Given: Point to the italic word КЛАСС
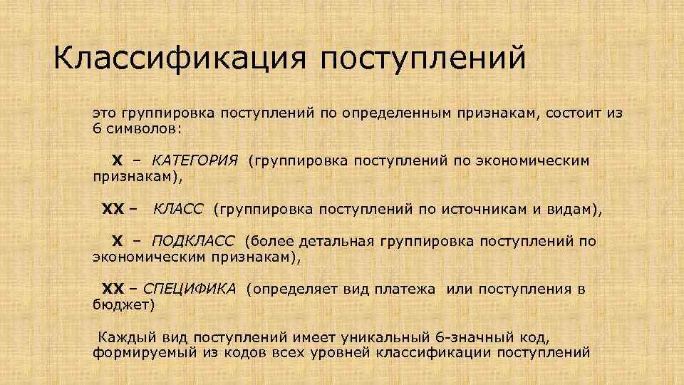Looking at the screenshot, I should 178,210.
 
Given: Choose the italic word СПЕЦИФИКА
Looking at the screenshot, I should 190,289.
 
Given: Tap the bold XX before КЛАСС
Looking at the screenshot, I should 113,210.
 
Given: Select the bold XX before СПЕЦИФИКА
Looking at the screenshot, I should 113,289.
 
